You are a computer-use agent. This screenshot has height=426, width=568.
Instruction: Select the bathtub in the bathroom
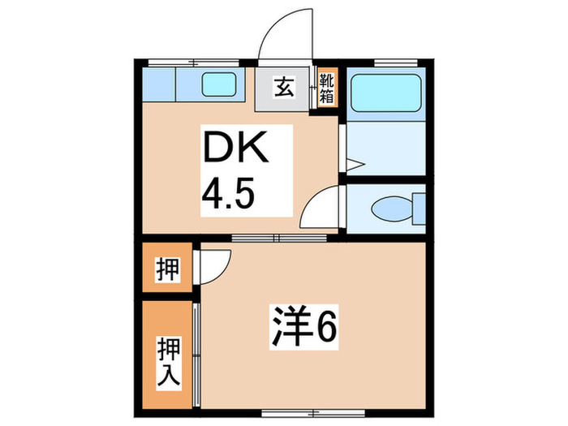point(386,92)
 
